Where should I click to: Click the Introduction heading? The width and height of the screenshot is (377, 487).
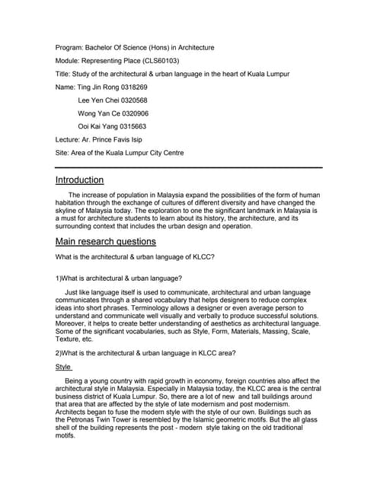point(79,180)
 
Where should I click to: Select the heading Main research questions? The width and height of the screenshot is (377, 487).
point(106,241)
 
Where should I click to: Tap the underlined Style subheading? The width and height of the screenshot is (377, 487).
point(63,367)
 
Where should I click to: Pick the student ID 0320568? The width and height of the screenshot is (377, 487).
point(130,100)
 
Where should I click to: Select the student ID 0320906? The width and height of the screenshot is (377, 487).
point(131,113)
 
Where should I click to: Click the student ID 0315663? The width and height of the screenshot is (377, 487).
point(129,126)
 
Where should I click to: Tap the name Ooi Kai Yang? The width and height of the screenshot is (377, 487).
point(95,126)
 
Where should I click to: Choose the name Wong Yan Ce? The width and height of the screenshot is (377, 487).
point(97,113)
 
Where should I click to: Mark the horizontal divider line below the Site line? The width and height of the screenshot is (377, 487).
point(189,167)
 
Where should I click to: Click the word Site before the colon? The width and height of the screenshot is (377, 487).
point(62,153)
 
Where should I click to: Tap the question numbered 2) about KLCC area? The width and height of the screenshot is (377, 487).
point(145,352)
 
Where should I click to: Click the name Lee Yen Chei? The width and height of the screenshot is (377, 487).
point(95,100)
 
